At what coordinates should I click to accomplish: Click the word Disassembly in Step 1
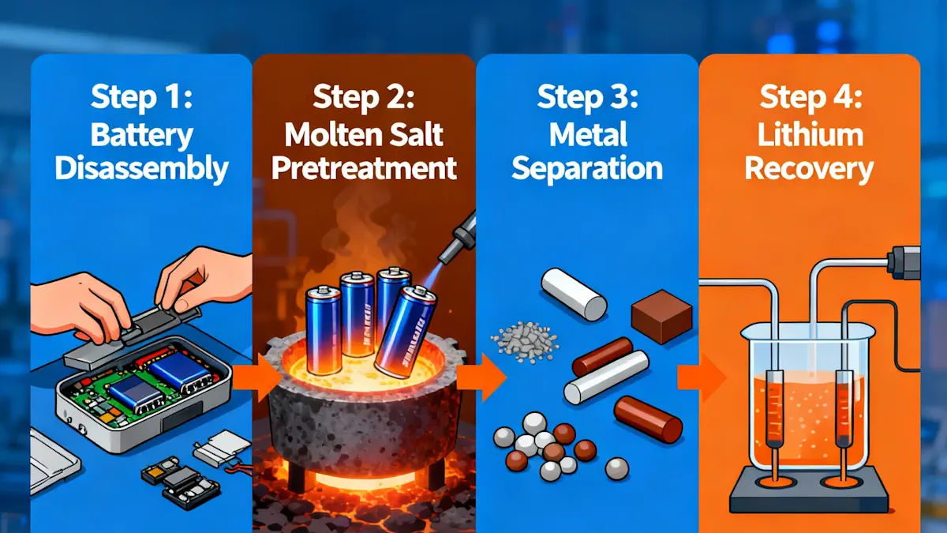pos(141,169)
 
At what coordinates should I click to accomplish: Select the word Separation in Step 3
pos(587,169)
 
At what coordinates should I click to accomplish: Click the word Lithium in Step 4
pos(810,135)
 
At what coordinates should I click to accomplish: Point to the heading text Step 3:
pos(587,97)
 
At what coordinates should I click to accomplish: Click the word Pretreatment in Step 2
pos(364,168)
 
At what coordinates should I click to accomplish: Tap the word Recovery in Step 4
pos(809,169)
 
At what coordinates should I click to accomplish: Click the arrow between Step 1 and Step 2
pos(255,377)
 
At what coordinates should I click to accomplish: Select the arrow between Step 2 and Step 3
pos(481,377)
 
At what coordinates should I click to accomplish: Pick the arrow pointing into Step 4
pos(702,377)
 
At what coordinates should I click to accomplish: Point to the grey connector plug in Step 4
pos(904,263)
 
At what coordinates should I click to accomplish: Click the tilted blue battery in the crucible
pos(406,332)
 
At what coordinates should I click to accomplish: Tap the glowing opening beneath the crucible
pos(365,481)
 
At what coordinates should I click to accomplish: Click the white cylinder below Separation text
pos(574,294)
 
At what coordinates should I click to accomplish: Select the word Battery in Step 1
pos(142,136)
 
